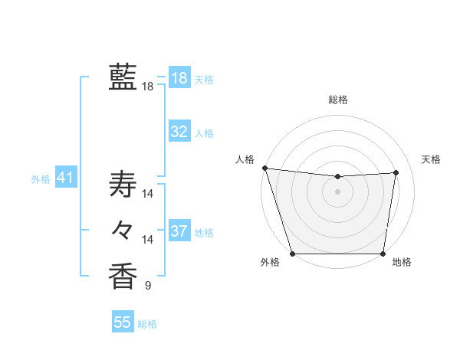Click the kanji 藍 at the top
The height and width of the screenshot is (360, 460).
(x=123, y=77)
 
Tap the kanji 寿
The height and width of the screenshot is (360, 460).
(x=123, y=185)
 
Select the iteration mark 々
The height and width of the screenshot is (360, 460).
(x=123, y=229)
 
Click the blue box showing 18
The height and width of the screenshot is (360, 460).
(x=179, y=77)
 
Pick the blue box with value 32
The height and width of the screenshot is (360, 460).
(x=179, y=132)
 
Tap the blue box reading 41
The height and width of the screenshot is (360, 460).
(x=65, y=178)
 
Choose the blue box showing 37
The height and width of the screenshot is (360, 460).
(x=179, y=231)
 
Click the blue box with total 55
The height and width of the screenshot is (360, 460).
(x=123, y=322)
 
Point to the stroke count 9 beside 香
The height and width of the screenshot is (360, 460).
(x=148, y=286)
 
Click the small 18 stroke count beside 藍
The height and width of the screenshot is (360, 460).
(x=148, y=87)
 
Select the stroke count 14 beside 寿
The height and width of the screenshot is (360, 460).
(x=148, y=193)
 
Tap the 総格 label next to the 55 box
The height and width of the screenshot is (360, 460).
(x=147, y=324)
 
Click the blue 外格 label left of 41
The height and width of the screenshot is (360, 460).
(x=41, y=180)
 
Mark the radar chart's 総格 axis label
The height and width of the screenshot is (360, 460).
(x=338, y=100)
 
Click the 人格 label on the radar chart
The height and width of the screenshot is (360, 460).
(x=245, y=159)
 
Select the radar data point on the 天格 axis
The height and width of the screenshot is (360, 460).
(x=396, y=172)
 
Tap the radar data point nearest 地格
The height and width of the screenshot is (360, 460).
(x=383, y=253)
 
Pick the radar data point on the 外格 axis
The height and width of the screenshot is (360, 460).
(x=293, y=253)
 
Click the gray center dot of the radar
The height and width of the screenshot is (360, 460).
(x=338, y=191)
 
